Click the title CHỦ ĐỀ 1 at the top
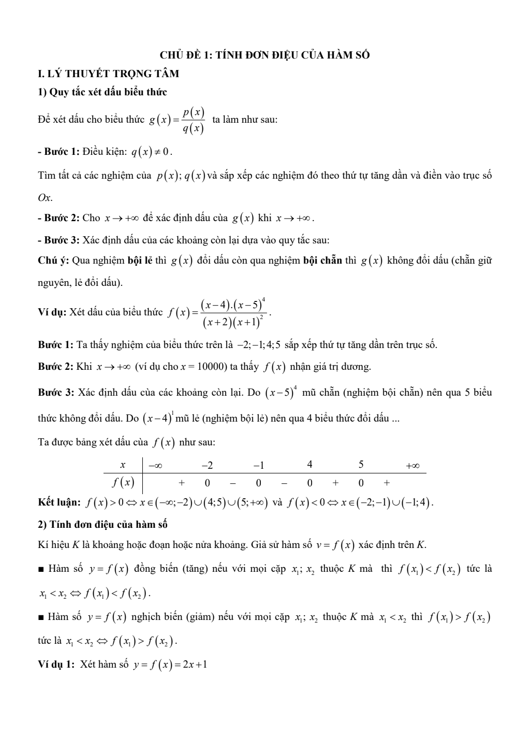(x=264, y=55)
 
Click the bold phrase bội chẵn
(x=322, y=261)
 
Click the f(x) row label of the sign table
(x=123, y=483)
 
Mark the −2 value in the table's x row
(x=207, y=465)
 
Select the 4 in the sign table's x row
(x=310, y=465)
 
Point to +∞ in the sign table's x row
(x=413, y=465)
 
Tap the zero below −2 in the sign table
(x=207, y=483)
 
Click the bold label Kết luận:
(x=59, y=502)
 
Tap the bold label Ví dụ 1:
(x=56, y=664)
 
